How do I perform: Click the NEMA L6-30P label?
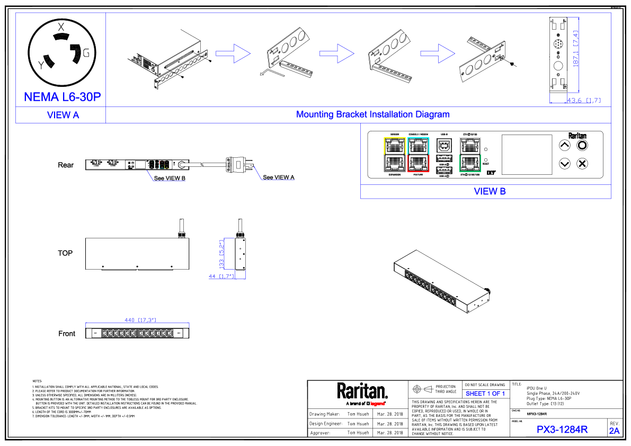pyautogui.click(x=62, y=97)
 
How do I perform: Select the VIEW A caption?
pyautogui.click(x=63, y=115)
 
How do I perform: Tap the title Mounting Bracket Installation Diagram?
pyautogui.click(x=372, y=114)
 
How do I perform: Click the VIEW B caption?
pyautogui.click(x=490, y=191)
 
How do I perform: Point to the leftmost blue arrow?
pyautogui.click(x=233, y=53)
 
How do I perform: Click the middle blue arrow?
pyautogui.click(x=337, y=53)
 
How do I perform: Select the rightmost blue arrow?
pyautogui.click(x=438, y=53)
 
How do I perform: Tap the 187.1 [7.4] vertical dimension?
pyautogui.click(x=575, y=49)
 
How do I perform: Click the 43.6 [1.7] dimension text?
pyautogui.click(x=584, y=100)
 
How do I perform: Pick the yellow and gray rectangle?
pyautogui.click(x=395, y=155)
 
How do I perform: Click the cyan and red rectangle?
pyautogui.click(x=419, y=155)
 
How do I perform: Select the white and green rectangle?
pyautogui.click(x=470, y=155)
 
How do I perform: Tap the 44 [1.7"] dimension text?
pyautogui.click(x=221, y=276)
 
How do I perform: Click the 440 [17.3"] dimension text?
pyautogui.click(x=140, y=320)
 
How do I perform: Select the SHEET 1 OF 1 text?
pyautogui.click(x=485, y=394)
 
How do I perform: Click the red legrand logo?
pyautogui.click(x=377, y=404)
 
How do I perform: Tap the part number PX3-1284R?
pyautogui.click(x=562, y=430)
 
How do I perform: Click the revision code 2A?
pyautogui.click(x=614, y=431)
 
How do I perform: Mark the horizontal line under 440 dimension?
pyautogui.click(x=137, y=323)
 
